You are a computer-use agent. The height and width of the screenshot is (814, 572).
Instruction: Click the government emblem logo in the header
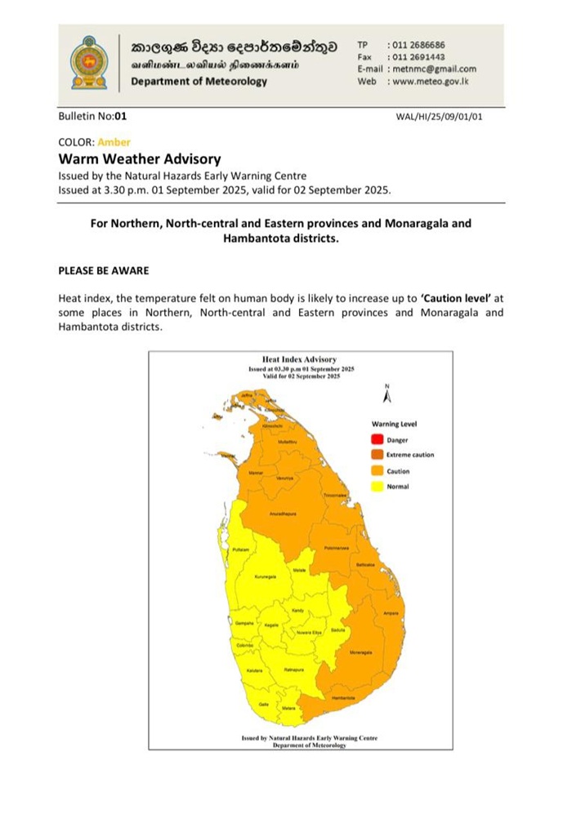(x=88, y=62)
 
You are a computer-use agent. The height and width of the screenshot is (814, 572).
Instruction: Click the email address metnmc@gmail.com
(x=433, y=69)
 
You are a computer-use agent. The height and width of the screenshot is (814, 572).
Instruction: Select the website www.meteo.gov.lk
(x=430, y=82)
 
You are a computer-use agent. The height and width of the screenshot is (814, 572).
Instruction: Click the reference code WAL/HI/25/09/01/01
(x=439, y=117)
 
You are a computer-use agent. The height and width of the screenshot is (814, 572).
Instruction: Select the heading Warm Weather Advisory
(x=139, y=158)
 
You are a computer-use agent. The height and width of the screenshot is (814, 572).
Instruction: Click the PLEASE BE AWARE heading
(x=103, y=269)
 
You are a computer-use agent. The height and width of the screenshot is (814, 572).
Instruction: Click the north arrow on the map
(x=387, y=394)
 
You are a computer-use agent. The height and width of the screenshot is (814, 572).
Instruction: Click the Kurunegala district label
(x=266, y=576)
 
